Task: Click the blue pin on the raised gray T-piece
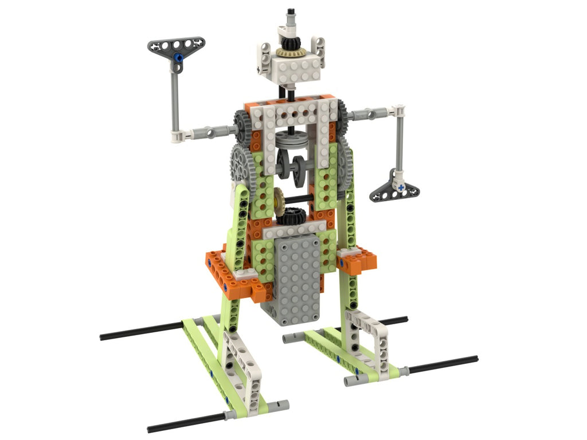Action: click(x=178, y=57)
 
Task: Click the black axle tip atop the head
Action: click(x=291, y=11)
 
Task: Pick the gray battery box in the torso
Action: click(x=296, y=281)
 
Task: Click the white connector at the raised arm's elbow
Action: click(x=181, y=136)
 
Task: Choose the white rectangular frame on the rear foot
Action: click(x=366, y=338)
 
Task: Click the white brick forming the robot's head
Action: click(x=291, y=69)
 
